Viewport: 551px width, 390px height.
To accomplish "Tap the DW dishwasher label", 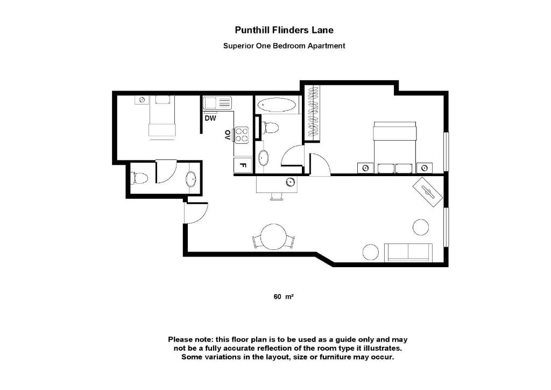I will (210, 118).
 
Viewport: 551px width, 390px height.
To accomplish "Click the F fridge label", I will (242, 165).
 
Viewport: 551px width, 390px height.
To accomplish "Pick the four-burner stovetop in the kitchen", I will (242, 134).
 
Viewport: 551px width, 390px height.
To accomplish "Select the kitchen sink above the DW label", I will (217, 102).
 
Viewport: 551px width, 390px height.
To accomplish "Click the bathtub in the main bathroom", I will (276, 105).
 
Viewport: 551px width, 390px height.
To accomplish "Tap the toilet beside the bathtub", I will (270, 128).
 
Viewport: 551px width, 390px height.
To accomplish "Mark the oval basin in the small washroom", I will (191, 179).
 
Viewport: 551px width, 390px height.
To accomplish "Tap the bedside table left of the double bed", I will (366, 168).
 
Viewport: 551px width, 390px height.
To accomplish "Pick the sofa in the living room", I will (408, 252).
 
